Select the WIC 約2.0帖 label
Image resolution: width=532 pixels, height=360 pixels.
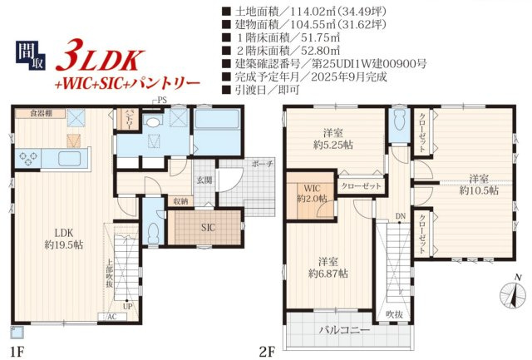coord(312,193)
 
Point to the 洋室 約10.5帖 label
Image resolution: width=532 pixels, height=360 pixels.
coord(478,185)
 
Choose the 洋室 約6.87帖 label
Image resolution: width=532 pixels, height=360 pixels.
coord(327,266)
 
